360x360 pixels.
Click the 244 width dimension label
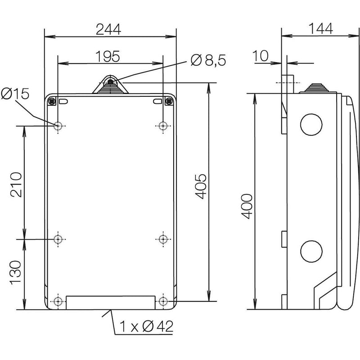point(108,29)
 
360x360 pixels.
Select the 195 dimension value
point(108,56)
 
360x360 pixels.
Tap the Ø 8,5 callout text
point(208,60)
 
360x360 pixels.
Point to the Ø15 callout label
point(15,94)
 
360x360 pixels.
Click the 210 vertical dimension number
point(16,184)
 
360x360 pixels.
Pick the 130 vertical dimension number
point(16,272)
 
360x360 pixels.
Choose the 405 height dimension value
point(201,186)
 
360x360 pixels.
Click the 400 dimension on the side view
point(247,206)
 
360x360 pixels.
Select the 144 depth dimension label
point(320,28)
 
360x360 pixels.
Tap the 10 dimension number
point(261,56)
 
